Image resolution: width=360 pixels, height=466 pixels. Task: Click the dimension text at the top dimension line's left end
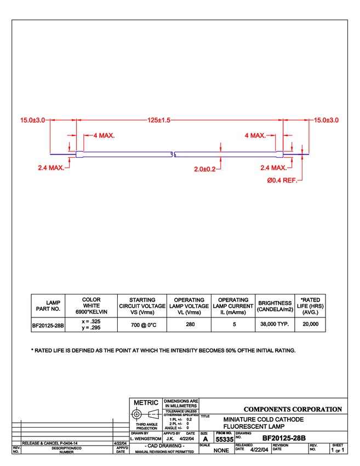33,120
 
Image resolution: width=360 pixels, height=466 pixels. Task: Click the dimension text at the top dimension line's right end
327,120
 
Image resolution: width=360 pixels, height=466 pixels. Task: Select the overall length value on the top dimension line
159,120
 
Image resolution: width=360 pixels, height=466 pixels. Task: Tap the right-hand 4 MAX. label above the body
255,135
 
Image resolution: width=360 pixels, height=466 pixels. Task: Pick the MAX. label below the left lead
50,168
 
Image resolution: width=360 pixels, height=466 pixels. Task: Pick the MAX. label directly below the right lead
273,168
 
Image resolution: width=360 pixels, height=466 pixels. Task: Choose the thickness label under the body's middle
205,169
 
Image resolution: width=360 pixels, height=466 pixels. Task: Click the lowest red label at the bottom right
281,180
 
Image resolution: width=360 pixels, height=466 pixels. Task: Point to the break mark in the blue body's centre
173,155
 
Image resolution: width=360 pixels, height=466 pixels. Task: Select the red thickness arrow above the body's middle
220,147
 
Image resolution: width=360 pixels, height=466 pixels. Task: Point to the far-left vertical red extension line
50,137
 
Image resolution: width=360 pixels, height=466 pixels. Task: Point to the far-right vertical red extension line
310,137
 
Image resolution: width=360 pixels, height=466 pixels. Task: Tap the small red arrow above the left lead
69,145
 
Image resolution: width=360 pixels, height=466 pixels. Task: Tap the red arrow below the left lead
69,161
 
